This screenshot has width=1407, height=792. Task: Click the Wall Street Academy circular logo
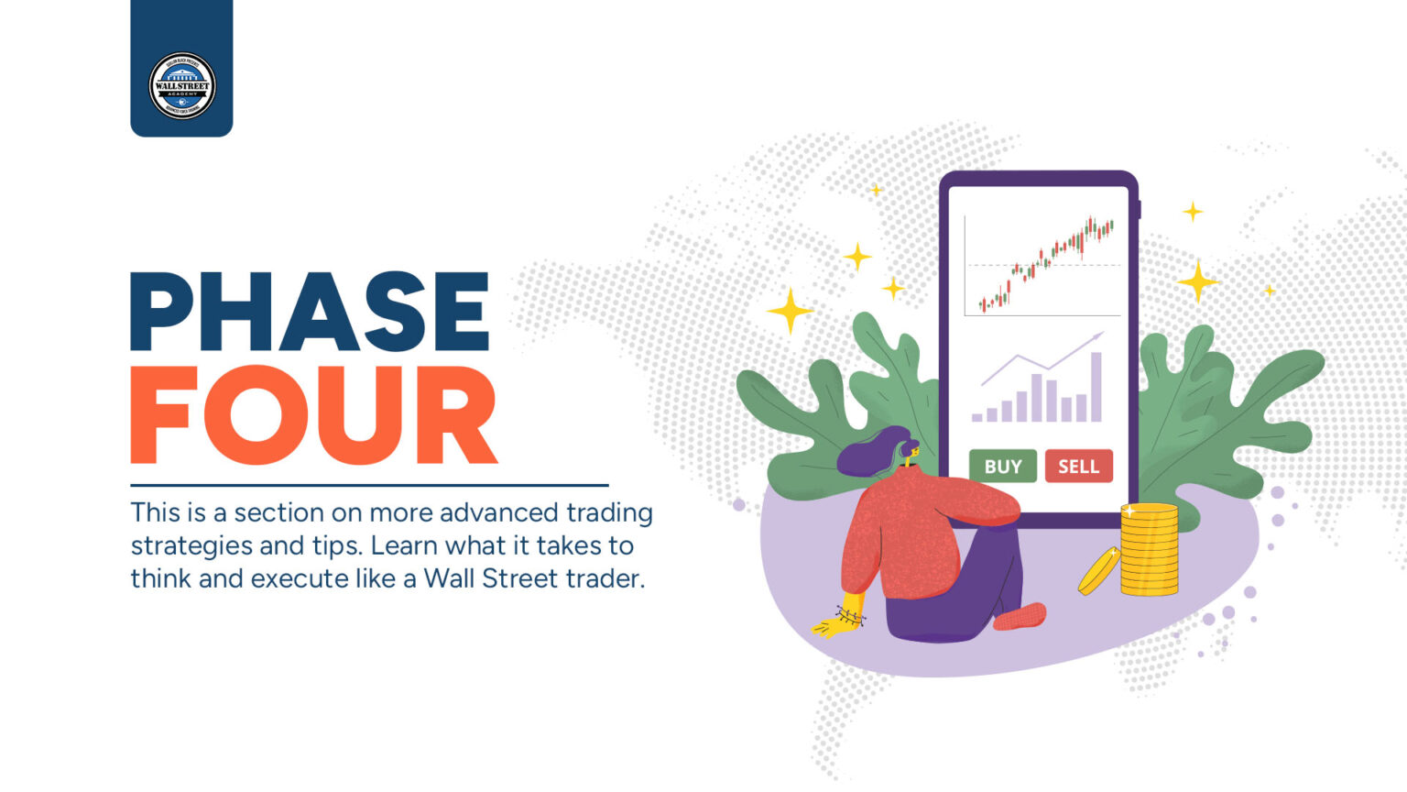[182, 86]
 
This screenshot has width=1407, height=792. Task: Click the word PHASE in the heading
[310, 313]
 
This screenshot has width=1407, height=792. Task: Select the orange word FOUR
[313, 415]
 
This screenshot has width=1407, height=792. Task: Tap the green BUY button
[1002, 467]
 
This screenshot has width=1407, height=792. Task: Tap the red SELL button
[1078, 467]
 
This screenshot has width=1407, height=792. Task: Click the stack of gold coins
[1149, 550]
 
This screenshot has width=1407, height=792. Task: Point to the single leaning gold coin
[1098, 570]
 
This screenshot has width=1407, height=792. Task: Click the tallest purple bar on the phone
[1096, 387]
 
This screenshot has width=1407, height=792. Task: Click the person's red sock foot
[1020, 616]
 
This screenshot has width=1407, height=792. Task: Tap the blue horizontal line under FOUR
[369, 485]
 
